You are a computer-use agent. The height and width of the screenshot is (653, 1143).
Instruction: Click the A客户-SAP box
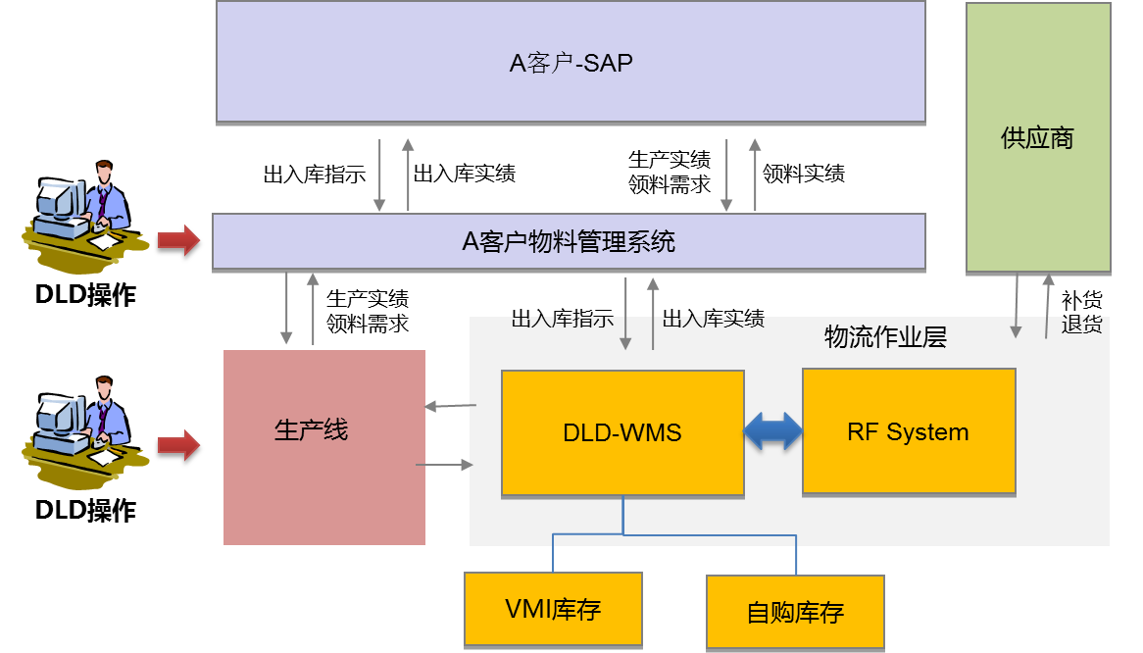pyautogui.click(x=571, y=63)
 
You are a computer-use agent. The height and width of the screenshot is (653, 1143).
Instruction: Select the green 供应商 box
pyautogui.click(x=1038, y=137)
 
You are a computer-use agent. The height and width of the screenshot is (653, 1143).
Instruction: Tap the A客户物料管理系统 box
pyautogui.click(x=569, y=241)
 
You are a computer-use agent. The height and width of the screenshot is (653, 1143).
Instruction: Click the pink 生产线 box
pyautogui.click(x=324, y=447)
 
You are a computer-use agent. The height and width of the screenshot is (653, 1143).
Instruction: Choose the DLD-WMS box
pyautogui.click(x=622, y=432)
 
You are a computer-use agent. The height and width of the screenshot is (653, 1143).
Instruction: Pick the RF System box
pyautogui.click(x=909, y=431)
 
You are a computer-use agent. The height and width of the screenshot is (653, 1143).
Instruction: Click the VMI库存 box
pyautogui.click(x=553, y=609)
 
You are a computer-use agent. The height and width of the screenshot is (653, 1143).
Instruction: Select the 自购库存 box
pyautogui.click(x=795, y=612)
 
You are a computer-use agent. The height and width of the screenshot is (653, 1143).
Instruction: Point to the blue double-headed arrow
pyautogui.click(x=773, y=431)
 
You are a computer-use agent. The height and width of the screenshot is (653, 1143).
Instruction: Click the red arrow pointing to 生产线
pyautogui.click(x=178, y=445)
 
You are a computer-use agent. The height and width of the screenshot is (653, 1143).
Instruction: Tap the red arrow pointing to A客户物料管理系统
pyautogui.click(x=178, y=239)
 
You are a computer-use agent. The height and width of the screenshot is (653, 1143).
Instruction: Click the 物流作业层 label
pyautogui.click(x=885, y=338)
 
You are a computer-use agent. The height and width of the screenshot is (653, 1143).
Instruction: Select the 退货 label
pyautogui.click(x=1081, y=325)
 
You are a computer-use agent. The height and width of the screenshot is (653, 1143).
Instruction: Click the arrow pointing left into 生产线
pyautogui.click(x=450, y=405)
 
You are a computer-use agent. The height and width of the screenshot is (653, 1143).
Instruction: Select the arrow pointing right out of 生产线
pyautogui.click(x=445, y=465)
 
